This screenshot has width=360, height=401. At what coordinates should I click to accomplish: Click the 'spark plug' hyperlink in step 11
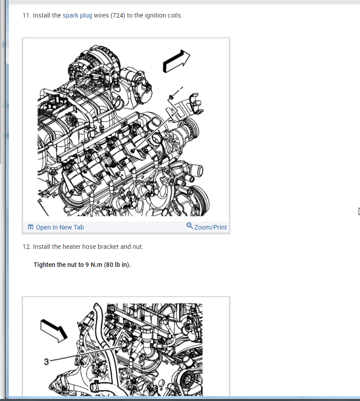[x=77, y=16]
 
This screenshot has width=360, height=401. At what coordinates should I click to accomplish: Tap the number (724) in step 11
[x=118, y=16]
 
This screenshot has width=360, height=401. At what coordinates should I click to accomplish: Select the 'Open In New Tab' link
[x=60, y=227]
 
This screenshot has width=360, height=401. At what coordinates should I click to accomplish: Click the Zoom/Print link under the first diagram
[x=211, y=227]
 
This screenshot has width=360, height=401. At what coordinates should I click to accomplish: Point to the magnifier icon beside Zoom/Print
[x=189, y=226]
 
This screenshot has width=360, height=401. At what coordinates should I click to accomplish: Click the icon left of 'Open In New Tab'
[x=31, y=227]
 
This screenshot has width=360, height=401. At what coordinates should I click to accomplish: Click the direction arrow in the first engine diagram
[x=176, y=61]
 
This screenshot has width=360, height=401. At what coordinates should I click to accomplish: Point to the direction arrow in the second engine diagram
[x=54, y=331]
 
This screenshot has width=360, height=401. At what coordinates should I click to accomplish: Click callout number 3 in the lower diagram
[x=46, y=361]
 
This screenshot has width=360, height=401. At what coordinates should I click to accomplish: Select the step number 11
[x=27, y=16]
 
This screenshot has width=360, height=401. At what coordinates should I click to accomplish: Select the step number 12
[x=27, y=247]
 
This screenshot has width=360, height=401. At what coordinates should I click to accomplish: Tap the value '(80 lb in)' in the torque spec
[x=117, y=265]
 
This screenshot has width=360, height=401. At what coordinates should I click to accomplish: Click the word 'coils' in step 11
[x=175, y=16]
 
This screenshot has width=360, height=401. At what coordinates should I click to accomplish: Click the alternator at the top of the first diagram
[x=94, y=64]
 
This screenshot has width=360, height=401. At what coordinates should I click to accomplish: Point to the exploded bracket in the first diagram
[x=184, y=106]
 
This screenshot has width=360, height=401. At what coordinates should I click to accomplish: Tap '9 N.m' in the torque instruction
[x=94, y=265]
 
